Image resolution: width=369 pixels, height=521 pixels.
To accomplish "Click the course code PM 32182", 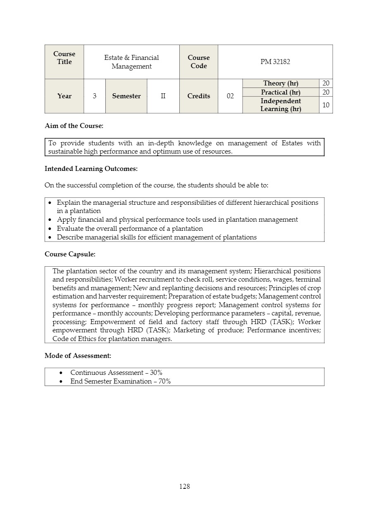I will click(275, 62).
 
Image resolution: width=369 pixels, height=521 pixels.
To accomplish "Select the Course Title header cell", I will click(64, 58).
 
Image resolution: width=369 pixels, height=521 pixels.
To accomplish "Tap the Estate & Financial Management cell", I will click(131, 62).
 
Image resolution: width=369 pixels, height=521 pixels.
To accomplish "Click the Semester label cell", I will click(126, 96).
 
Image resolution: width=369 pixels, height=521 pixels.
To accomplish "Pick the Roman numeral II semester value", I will click(163, 96).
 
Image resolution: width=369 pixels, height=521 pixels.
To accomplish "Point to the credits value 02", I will click(230, 96).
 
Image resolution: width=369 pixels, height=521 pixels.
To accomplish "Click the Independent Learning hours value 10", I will click(326, 105).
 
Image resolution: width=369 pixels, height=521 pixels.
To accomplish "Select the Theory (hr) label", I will click(281, 83).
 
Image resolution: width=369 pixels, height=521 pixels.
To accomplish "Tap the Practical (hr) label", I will click(281, 92).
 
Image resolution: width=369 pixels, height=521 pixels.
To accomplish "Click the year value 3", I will click(95, 96).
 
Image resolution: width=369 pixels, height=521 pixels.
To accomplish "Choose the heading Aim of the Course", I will click(74, 126).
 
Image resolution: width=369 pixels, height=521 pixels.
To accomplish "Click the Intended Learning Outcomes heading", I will click(91, 168).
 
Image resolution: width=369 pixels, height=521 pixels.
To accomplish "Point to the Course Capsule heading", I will click(70, 254).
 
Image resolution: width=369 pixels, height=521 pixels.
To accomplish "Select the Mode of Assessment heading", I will click(78, 355).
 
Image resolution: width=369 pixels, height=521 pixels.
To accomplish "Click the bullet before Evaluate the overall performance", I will click(50, 229).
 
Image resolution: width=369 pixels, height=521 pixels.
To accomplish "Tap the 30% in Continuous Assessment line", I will click(156, 372).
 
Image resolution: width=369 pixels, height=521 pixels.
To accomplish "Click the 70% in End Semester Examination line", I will click(164, 381).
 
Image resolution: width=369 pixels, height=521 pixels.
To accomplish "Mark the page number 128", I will click(185, 486).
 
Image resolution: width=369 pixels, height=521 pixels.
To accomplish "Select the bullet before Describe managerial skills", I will click(50, 237).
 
